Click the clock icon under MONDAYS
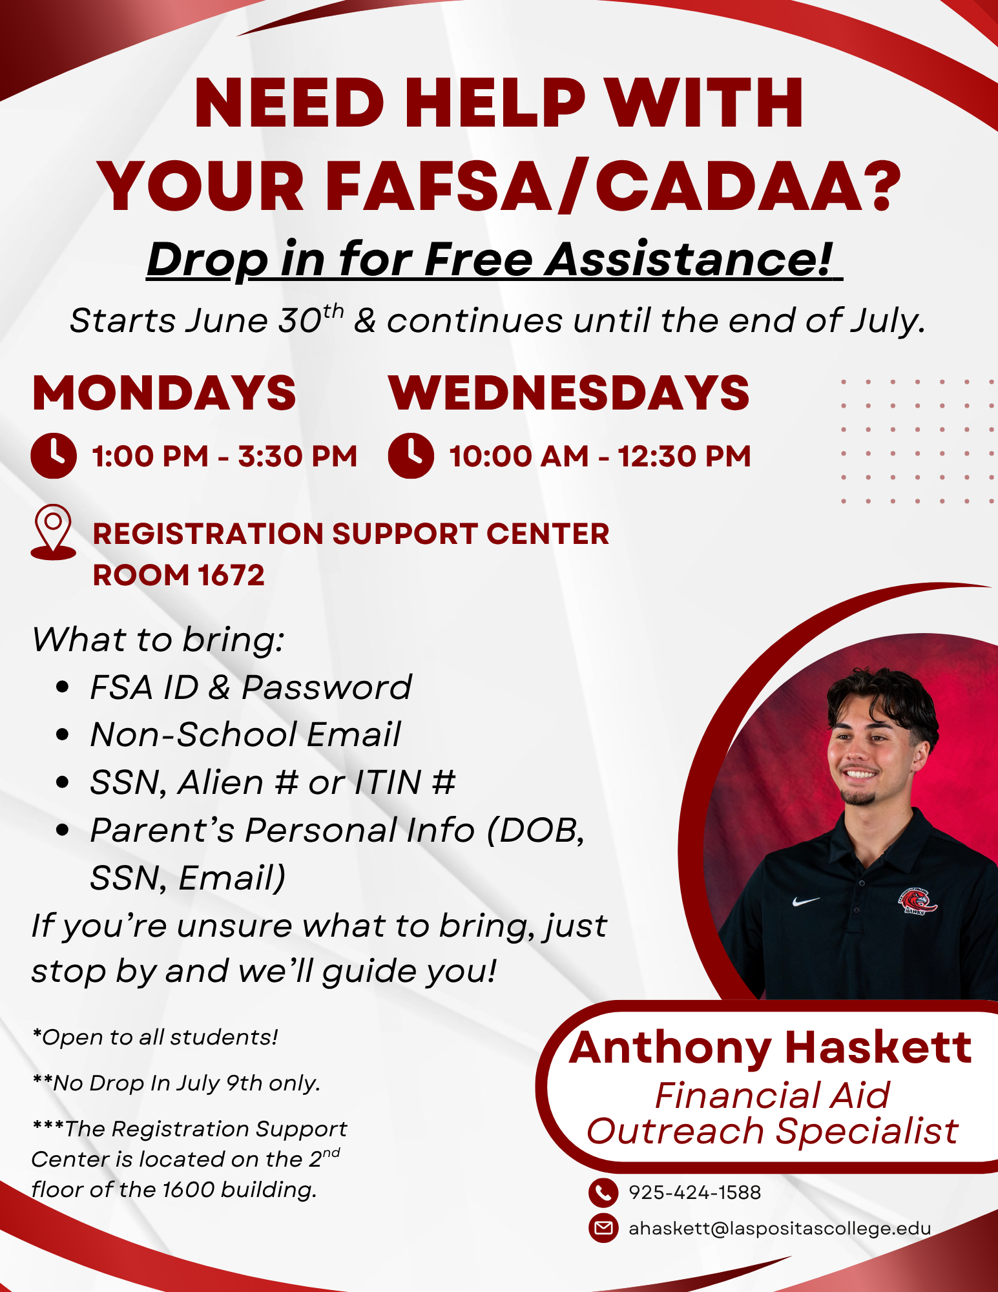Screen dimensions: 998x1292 pos(54,455)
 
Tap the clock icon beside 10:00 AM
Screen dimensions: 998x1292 pos(411,455)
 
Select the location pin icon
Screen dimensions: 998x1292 pos(53,532)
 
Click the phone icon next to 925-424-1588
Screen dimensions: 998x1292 pos(603,1193)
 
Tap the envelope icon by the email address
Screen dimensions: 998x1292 pos(603,1228)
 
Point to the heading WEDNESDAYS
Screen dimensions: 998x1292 pos(568,393)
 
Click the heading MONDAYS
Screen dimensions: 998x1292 pos(164,393)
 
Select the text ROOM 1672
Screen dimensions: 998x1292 pos(179,575)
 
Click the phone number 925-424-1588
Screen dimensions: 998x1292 pos(694,1193)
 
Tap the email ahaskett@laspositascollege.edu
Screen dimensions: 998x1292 pos(780,1228)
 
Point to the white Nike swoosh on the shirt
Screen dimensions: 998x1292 pos(806,901)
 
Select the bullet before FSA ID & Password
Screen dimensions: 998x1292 pos(63,687)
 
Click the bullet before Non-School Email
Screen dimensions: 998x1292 pos(63,735)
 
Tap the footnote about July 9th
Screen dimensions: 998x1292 pos(176,1083)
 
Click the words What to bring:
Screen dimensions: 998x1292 pos(158,640)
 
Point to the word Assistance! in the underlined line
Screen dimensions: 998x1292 pos(689,259)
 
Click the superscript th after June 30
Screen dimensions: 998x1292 pos(333,311)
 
